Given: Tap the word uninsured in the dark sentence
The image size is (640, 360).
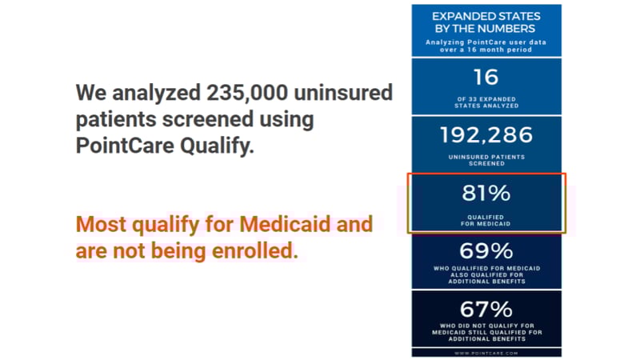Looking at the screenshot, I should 344,92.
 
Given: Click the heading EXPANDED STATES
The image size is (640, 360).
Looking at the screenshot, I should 486,15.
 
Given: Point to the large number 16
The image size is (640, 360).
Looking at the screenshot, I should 486,77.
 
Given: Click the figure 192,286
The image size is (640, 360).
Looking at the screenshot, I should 486,134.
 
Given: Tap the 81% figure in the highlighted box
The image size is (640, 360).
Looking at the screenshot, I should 486,193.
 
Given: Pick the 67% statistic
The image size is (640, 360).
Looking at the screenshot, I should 486,308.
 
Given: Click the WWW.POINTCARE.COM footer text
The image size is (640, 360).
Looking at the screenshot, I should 486,351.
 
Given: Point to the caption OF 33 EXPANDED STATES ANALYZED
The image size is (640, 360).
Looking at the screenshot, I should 486,102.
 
